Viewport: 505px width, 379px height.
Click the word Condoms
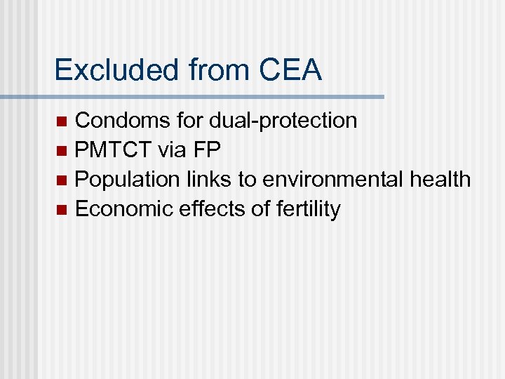pyautogui.click(x=123, y=121)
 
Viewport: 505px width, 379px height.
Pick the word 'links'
pyautogui.click(x=210, y=180)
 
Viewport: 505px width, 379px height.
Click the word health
pyautogui.click(x=440, y=180)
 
